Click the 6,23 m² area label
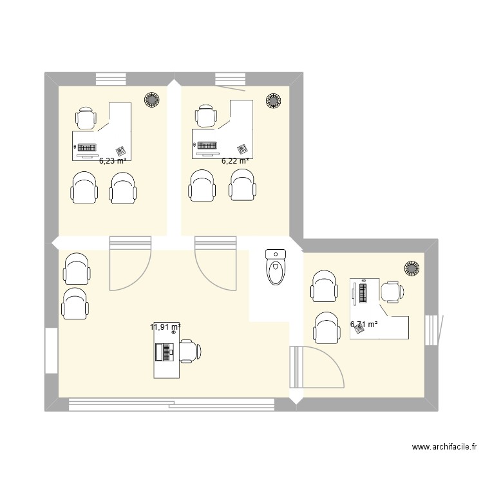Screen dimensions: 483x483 [x=113, y=160]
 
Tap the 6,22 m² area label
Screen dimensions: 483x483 [x=235, y=161]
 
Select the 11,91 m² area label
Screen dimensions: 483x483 [x=166, y=327]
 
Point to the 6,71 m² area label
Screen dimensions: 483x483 [x=364, y=325]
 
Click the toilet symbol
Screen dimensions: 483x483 [x=276, y=267]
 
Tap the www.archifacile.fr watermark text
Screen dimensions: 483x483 [x=444, y=447]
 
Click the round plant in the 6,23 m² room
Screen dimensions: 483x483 [x=152, y=100]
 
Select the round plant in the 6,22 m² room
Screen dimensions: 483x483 [x=273, y=100]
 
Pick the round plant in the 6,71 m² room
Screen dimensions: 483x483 [x=412, y=269]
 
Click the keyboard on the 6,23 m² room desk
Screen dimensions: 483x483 [x=87, y=147]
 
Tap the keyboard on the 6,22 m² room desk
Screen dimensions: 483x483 [x=207, y=146]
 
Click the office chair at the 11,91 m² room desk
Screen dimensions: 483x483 [x=190, y=352]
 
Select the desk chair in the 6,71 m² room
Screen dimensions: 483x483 [x=392, y=292]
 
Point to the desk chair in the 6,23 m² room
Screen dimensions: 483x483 [x=86, y=118]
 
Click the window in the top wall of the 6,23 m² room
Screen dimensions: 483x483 [x=111, y=79]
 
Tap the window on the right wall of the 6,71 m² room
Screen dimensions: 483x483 [x=431, y=330]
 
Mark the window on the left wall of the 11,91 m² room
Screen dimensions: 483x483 [x=52, y=351]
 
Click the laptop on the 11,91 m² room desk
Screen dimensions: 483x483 [x=165, y=352]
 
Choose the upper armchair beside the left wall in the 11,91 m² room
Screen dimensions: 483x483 [x=77, y=269]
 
